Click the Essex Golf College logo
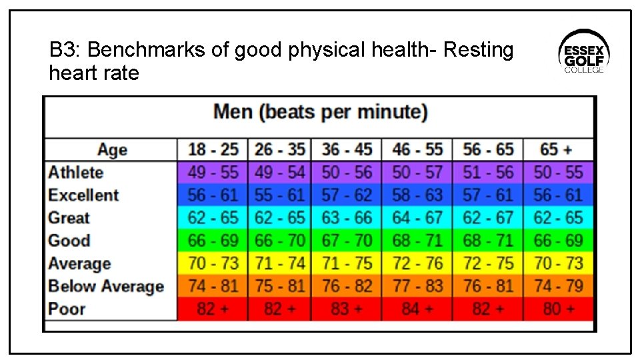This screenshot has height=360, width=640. click(x=583, y=52)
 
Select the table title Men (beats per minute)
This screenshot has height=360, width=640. click(x=320, y=112)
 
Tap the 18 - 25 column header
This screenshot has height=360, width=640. click(x=213, y=149)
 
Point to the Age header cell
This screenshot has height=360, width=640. click(x=111, y=149)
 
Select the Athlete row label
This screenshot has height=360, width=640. click(x=76, y=173)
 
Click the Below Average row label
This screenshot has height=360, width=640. click(x=106, y=287)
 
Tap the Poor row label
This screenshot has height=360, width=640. click(x=67, y=309)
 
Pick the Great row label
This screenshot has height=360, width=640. click(x=69, y=218)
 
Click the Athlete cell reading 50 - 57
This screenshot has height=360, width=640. click(x=417, y=173)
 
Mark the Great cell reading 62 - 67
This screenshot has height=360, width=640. click(x=487, y=218)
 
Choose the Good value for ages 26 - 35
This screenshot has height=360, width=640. click(x=280, y=241)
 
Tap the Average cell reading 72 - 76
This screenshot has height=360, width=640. click(x=417, y=263)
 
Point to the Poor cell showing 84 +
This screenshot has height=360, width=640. click(x=417, y=309)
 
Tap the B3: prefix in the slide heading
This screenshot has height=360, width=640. click(x=65, y=50)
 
